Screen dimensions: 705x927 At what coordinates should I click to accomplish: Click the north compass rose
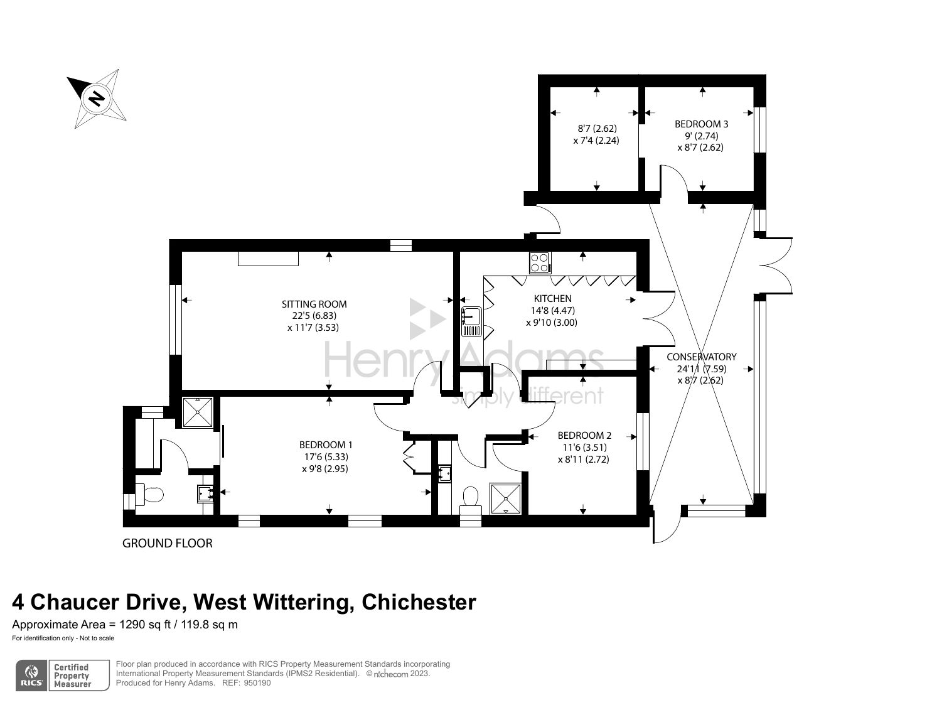pyautogui.click(x=97, y=99)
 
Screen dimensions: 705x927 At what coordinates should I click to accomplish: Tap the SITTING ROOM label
pyautogui.click(x=314, y=304)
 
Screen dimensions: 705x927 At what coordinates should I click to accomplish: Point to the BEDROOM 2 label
pyautogui.click(x=584, y=436)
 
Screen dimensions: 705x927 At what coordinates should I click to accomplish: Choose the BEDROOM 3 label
pyautogui.click(x=701, y=124)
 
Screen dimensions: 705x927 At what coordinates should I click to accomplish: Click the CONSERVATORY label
pyautogui.click(x=701, y=357)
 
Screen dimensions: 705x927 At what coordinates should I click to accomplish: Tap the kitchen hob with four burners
pyautogui.click(x=540, y=262)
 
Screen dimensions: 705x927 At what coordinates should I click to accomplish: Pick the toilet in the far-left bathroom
pyautogui.click(x=150, y=495)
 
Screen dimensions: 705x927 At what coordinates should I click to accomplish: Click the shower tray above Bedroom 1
pyautogui.click(x=198, y=412)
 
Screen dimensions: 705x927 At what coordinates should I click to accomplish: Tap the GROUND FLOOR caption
pyautogui.click(x=167, y=544)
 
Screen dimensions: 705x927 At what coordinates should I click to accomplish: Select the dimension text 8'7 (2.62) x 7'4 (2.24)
pyautogui.click(x=596, y=134)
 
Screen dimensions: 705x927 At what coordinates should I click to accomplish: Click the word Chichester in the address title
pyautogui.click(x=419, y=602)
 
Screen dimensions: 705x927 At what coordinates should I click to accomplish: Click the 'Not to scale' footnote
pyautogui.click(x=96, y=638)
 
